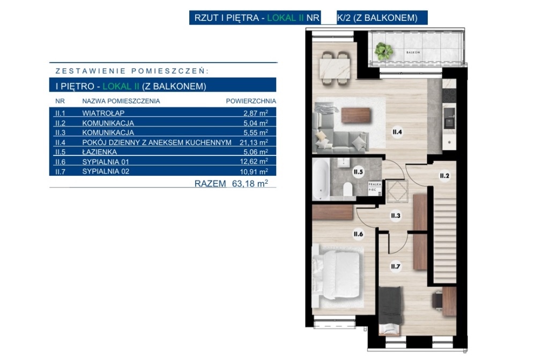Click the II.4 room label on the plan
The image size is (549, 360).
pos(397,132)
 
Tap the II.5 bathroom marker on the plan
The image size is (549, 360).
pos(358,172)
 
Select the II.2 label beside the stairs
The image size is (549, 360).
pos(444,176)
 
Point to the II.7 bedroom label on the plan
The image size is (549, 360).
pos(395,267)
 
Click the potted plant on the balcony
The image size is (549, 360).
pos(384,51)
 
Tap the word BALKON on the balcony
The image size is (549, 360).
pos(413,52)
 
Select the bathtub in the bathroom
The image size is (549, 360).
pos(321,179)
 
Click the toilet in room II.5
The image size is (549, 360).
pos(347,189)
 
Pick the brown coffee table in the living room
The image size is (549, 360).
pos(356,115)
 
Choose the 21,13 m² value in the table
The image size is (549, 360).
pos(254,142)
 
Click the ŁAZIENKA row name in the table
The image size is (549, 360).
pos(99,152)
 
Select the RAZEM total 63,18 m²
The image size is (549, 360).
pos(232,183)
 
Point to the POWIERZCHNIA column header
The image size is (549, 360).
pos(251,101)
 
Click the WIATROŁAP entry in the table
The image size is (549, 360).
pos(103,113)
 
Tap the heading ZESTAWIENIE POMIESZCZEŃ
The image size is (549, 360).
pos(132,71)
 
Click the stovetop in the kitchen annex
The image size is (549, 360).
pos(449,95)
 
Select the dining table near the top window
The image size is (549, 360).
pos(335,69)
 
